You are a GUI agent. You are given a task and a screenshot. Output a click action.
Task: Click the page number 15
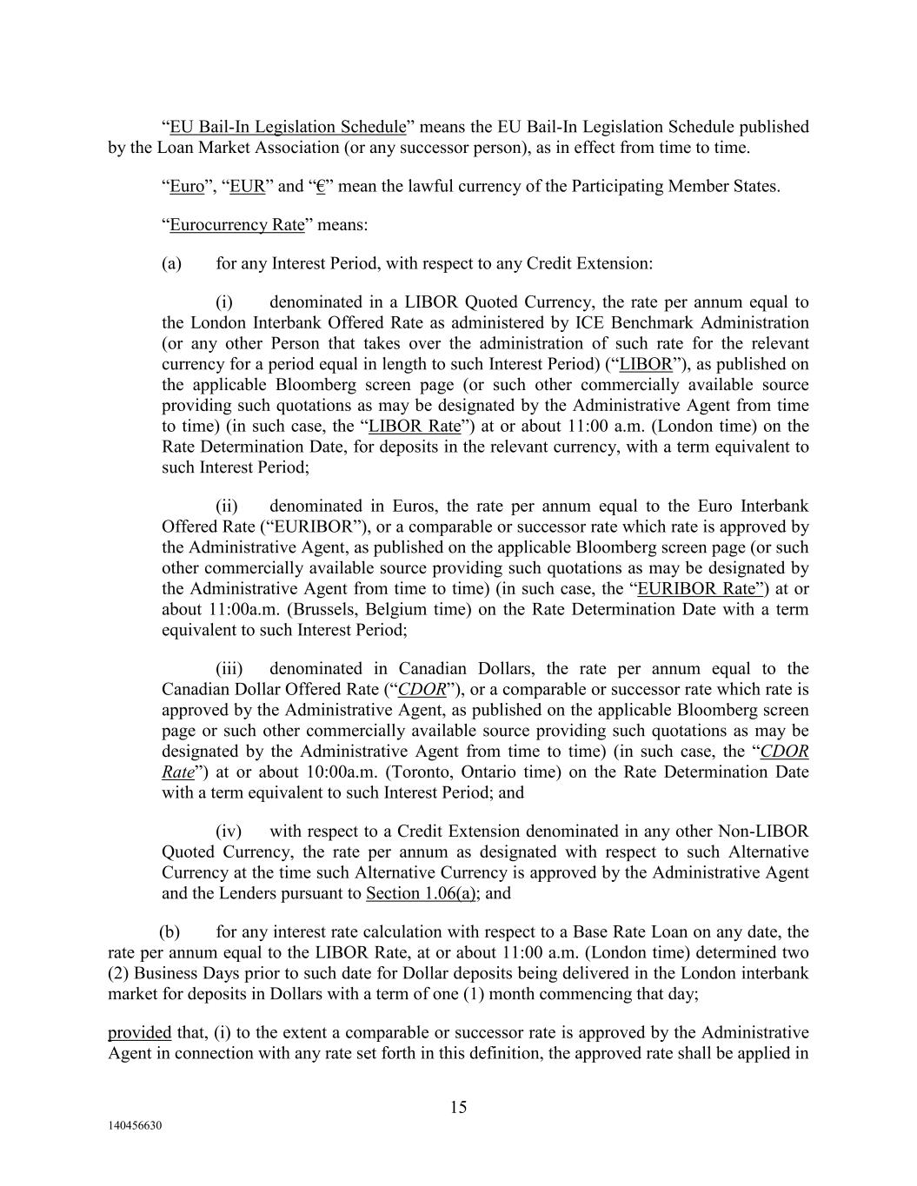coord(458,1107)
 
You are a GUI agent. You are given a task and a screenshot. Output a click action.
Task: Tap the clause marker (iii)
coord(229,669)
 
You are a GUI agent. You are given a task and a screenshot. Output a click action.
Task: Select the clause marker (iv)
coord(229,832)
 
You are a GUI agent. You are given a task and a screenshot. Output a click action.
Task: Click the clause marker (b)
coord(170,932)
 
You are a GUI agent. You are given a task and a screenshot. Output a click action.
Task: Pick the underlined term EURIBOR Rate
coord(701,589)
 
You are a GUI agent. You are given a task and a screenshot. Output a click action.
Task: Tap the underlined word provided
coord(139,1033)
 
